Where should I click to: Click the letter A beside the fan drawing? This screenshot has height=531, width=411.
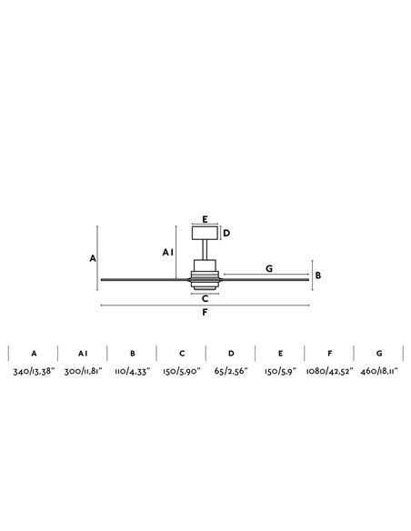click(x=93, y=258)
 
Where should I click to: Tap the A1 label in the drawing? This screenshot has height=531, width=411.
click(x=168, y=252)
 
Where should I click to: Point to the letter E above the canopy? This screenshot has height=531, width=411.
click(x=205, y=219)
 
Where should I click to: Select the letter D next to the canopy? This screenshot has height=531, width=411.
click(x=226, y=233)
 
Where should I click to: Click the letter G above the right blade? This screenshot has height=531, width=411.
click(x=269, y=268)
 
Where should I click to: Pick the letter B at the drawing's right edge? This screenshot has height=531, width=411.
click(x=318, y=276)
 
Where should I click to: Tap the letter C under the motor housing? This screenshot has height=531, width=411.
click(x=205, y=298)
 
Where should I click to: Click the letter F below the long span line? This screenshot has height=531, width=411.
click(x=205, y=312)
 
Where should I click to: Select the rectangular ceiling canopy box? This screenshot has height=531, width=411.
click(x=205, y=233)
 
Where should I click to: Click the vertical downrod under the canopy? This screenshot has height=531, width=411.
click(x=205, y=250)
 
